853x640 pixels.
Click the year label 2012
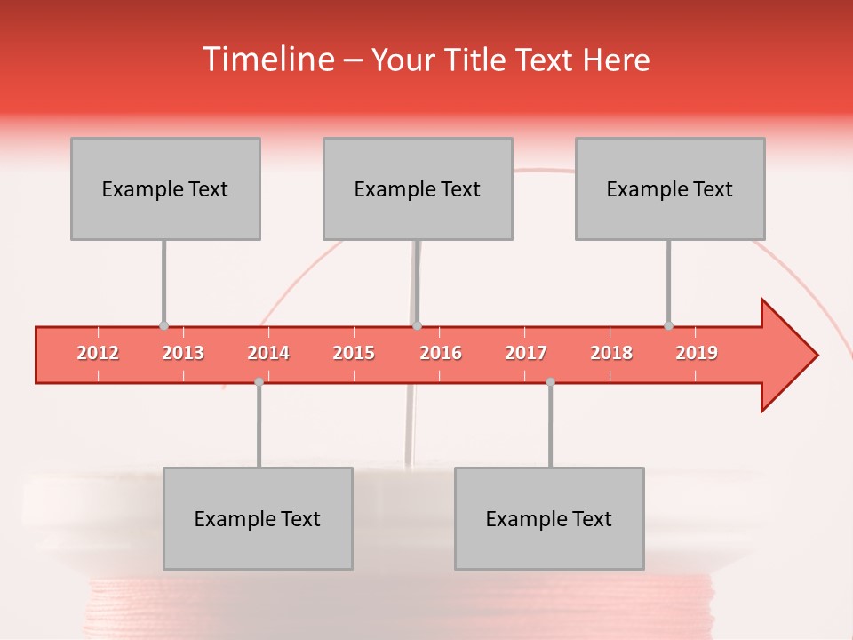[98, 353]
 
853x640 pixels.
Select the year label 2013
[183, 353]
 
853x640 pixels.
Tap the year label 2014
[268, 353]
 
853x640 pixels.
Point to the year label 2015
[354, 353]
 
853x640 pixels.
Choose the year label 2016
[441, 353]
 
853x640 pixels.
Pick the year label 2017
[526, 353]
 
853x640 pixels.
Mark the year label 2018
[611, 353]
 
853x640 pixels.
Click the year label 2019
[697, 353]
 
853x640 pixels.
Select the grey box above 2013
[165, 188]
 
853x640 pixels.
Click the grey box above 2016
[418, 188]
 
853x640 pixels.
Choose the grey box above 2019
[670, 188]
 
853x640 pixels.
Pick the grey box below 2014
[258, 518]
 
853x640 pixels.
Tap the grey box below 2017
[549, 518]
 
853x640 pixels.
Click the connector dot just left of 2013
[163, 326]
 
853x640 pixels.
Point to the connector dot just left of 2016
[417, 326]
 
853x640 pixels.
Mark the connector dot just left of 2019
[668, 326]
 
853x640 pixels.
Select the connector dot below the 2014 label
[259, 381]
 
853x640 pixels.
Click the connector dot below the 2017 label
[550, 381]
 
